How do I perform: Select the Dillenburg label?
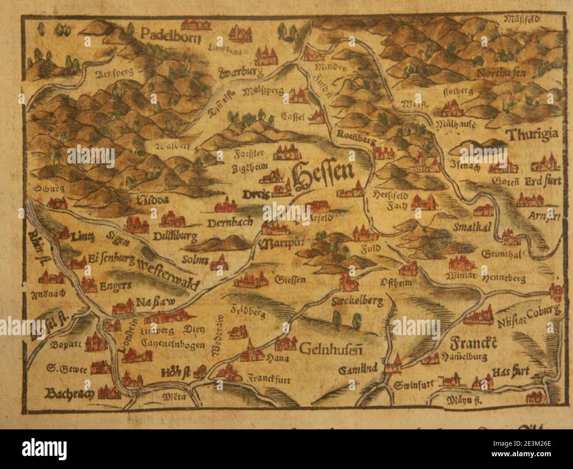click(175, 237)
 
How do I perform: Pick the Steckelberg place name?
click(356, 301)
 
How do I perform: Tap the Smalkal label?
click(468, 227)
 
